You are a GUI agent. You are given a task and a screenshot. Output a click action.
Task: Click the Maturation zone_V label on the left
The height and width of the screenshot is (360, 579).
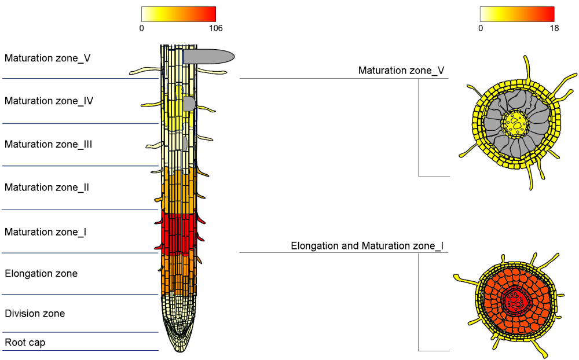(47, 58)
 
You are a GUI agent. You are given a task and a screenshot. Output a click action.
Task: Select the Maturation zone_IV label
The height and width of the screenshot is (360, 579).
(49, 101)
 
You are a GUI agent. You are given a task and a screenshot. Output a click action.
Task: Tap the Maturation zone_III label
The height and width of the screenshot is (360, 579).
(49, 145)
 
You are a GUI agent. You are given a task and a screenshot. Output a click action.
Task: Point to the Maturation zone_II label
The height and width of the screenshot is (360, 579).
(47, 188)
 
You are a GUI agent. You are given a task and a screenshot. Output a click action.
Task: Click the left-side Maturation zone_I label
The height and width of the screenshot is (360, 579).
(46, 232)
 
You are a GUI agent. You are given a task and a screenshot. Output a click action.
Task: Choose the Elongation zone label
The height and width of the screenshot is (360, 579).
(41, 274)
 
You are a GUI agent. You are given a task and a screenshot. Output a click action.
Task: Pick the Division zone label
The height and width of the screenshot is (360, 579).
(35, 314)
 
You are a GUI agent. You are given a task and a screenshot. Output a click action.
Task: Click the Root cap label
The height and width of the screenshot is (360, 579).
(25, 343)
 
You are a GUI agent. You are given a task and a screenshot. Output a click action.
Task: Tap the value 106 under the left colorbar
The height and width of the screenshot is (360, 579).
(214, 28)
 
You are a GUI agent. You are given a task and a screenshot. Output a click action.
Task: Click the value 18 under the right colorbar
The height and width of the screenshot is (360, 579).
(554, 28)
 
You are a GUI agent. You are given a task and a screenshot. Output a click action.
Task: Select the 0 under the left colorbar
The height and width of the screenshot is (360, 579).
(142, 28)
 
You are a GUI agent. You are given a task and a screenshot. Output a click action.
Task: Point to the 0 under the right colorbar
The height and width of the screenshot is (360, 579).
(481, 28)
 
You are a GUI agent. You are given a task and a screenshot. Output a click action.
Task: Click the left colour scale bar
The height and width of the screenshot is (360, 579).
(178, 14)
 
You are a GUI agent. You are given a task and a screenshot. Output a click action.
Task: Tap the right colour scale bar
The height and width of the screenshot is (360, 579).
(517, 14)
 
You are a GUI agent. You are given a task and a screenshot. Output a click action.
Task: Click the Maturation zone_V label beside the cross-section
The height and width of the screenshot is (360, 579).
(401, 71)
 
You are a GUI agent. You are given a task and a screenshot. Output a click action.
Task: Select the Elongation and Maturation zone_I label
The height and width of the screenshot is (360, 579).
(367, 247)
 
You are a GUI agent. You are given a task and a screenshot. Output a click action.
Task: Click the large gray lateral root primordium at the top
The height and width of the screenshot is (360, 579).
(208, 56)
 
